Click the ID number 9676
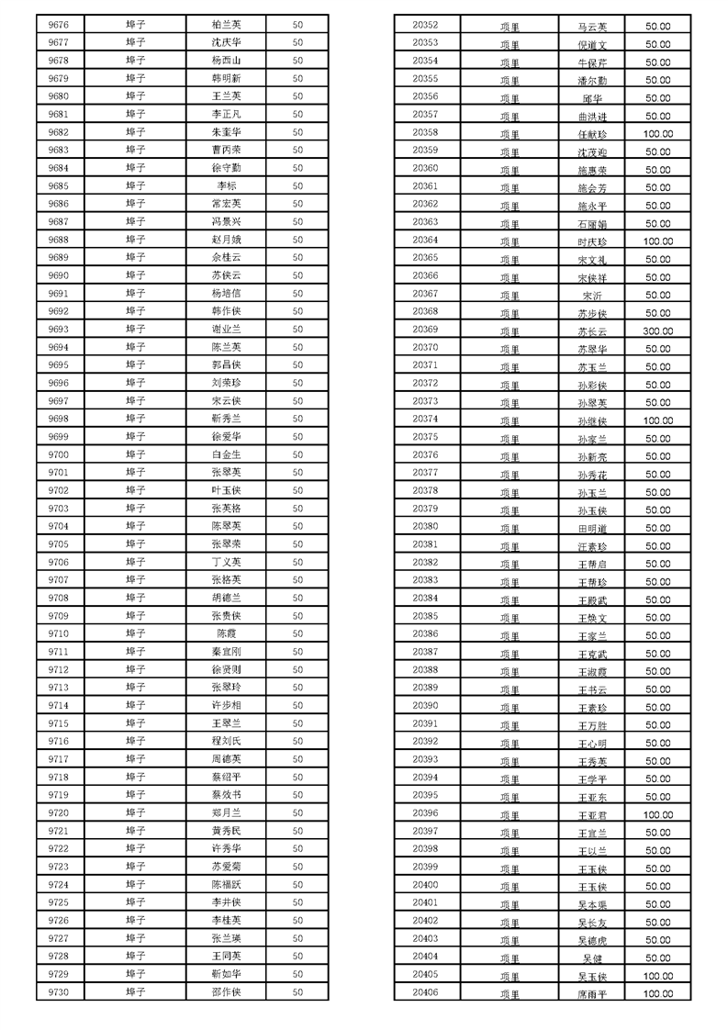pyautogui.click(x=59, y=25)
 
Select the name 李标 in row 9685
pyautogui.click(x=226, y=185)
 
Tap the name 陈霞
pyautogui.click(x=226, y=633)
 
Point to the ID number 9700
pyautogui.click(x=59, y=454)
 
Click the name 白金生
pyautogui.click(x=226, y=454)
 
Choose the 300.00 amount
pyautogui.click(x=657, y=330)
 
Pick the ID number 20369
pyautogui.click(x=426, y=330)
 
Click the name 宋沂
pyautogui.click(x=592, y=295)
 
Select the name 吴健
pyautogui.click(x=592, y=957)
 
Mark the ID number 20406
pyautogui.click(x=426, y=992)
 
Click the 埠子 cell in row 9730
pyautogui.click(x=136, y=991)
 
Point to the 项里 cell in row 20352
pyautogui.click(x=510, y=27)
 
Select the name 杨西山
pyautogui.click(x=226, y=61)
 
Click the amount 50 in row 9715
pyautogui.click(x=297, y=723)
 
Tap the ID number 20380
pyautogui.click(x=426, y=527)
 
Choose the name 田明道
pyautogui.click(x=592, y=529)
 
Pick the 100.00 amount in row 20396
pyautogui.click(x=657, y=814)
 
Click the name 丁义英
pyautogui.click(x=226, y=562)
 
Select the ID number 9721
pyautogui.click(x=59, y=831)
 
